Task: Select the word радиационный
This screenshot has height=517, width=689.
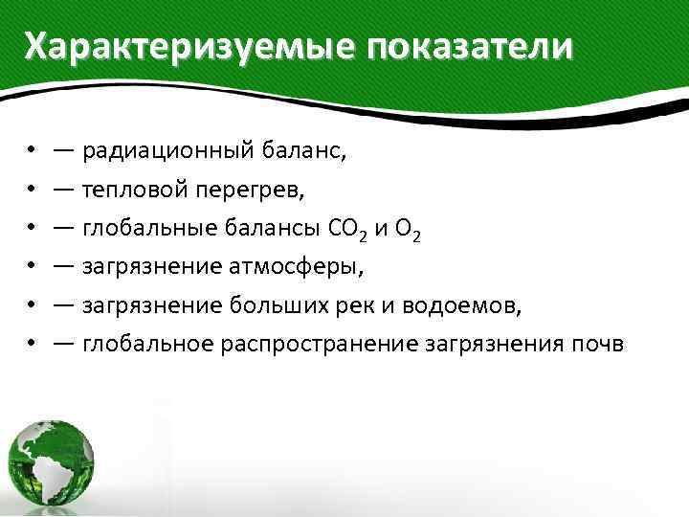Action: (167, 150)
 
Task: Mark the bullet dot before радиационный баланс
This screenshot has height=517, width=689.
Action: (32, 150)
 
